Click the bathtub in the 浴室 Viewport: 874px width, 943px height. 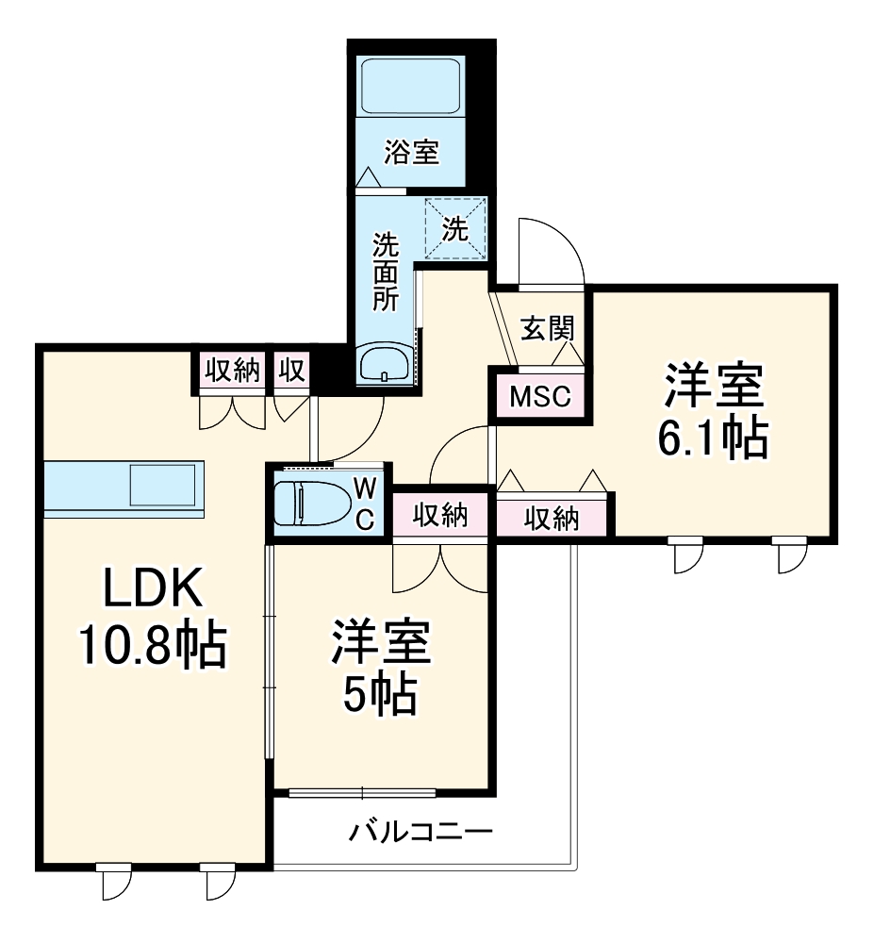point(411,87)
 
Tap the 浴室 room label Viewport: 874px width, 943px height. point(412,152)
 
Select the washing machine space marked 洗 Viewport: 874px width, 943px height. point(456,228)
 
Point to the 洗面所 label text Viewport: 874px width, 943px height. point(385,273)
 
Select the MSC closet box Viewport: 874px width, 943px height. point(540,396)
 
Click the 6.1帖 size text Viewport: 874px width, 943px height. point(713,438)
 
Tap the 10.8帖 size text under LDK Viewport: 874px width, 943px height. point(151,646)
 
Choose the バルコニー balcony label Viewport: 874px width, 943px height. point(421,832)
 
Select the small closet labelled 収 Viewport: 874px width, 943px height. point(292,371)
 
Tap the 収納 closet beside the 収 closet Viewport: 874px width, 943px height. point(233,371)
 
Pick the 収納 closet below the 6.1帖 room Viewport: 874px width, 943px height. point(552,518)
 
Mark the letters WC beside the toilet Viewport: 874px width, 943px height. point(366,503)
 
